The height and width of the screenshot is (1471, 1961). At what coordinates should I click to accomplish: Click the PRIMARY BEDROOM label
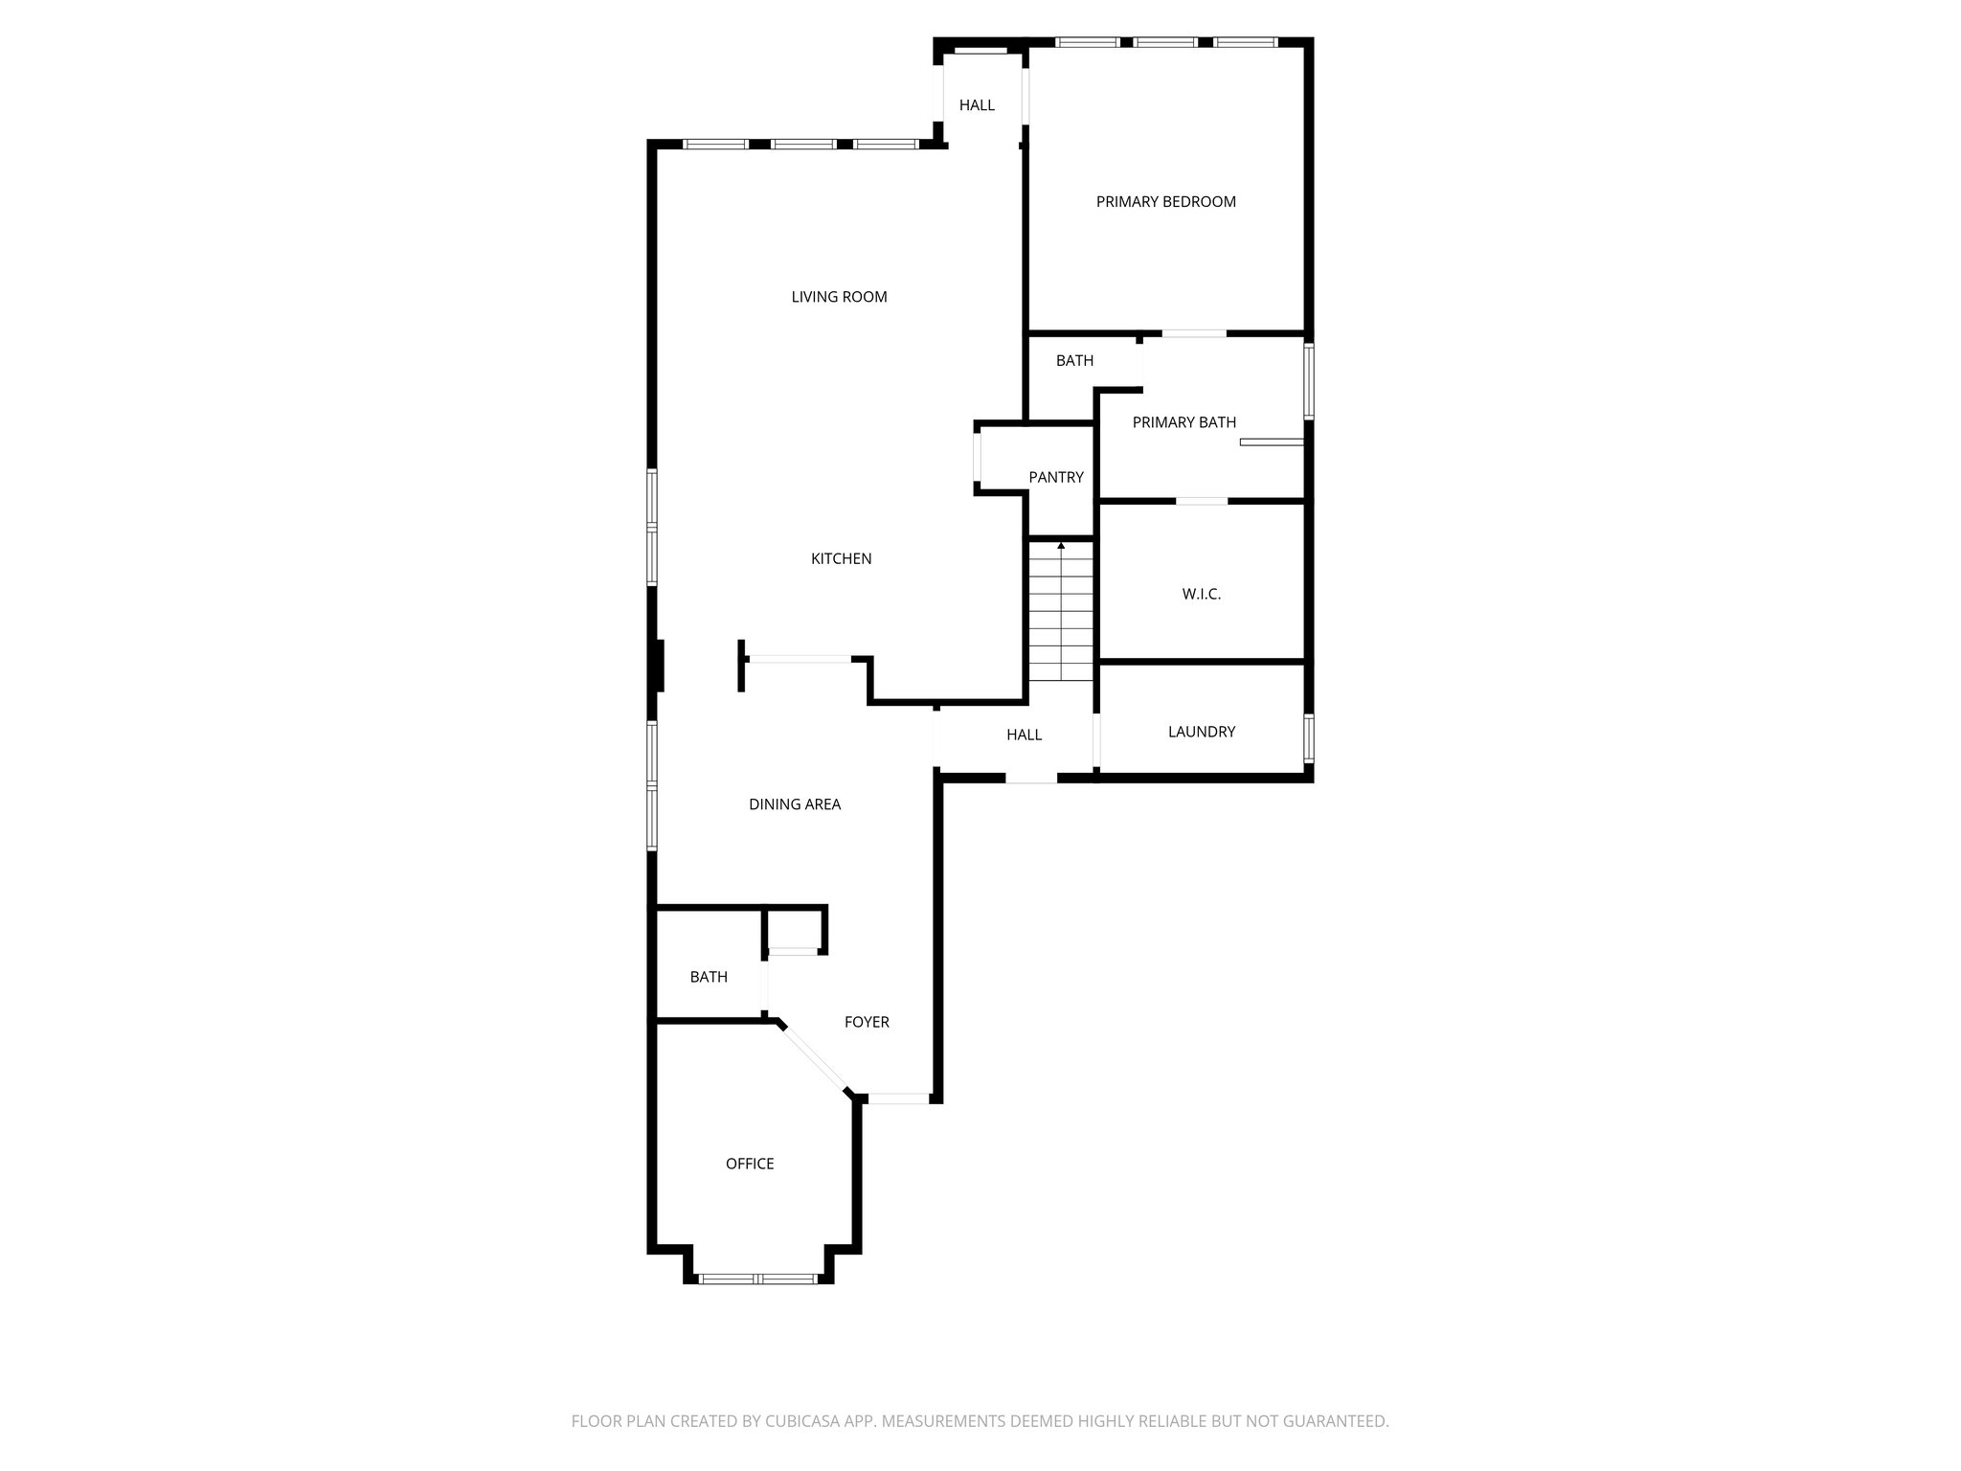[x=1165, y=202]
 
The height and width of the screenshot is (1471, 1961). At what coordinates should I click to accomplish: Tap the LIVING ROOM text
[x=839, y=297]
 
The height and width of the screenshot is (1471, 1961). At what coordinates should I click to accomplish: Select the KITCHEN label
[x=841, y=559]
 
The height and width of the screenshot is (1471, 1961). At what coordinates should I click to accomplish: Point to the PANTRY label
[x=1056, y=477]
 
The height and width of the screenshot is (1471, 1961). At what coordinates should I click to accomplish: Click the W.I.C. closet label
[x=1201, y=595]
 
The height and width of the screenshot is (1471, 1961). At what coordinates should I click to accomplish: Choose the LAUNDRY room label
[x=1202, y=732]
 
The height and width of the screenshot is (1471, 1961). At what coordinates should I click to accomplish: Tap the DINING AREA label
[x=795, y=804]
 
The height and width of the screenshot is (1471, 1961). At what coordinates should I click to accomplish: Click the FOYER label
[x=867, y=1023]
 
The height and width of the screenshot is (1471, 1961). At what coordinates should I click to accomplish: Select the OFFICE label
[x=750, y=1164]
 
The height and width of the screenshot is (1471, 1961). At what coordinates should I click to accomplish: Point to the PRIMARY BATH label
[x=1184, y=422]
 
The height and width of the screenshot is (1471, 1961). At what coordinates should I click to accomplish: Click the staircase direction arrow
[x=1061, y=546]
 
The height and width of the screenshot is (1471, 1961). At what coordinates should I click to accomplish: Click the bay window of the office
[x=758, y=1278]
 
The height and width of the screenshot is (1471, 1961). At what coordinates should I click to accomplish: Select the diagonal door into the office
[x=815, y=1057]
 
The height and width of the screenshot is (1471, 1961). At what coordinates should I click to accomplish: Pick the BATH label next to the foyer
[x=709, y=977]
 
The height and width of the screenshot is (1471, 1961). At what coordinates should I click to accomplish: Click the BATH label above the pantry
[x=1074, y=361]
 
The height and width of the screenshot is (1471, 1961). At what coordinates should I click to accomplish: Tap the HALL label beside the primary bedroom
[x=977, y=105]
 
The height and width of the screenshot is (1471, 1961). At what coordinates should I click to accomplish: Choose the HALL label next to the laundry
[x=1024, y=735]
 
